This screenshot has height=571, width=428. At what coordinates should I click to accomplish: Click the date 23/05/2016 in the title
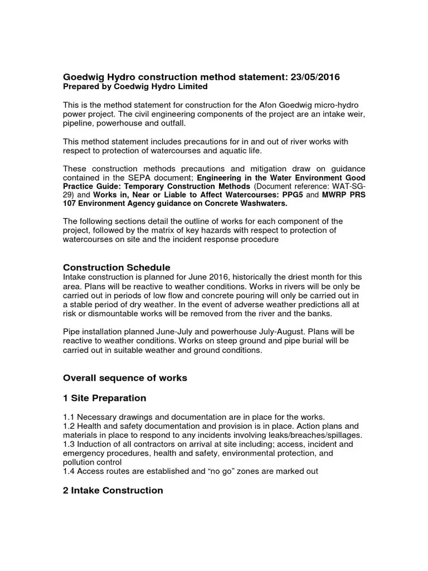[x=313, y=76]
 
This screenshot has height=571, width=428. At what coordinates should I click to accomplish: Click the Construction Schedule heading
[x=116, y=268]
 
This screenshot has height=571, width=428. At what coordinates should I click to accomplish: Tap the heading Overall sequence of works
[x=125, y=378]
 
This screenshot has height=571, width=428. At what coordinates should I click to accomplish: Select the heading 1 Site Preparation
[x=104, y=398]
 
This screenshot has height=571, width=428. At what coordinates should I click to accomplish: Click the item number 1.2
[x=69, y=426]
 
